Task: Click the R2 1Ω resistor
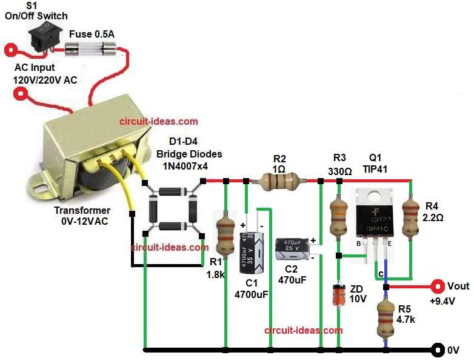point(279,180)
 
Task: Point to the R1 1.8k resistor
point(225,233)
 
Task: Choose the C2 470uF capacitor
point(293,248)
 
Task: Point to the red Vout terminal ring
point(435,286)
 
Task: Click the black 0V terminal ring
point(436,349)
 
